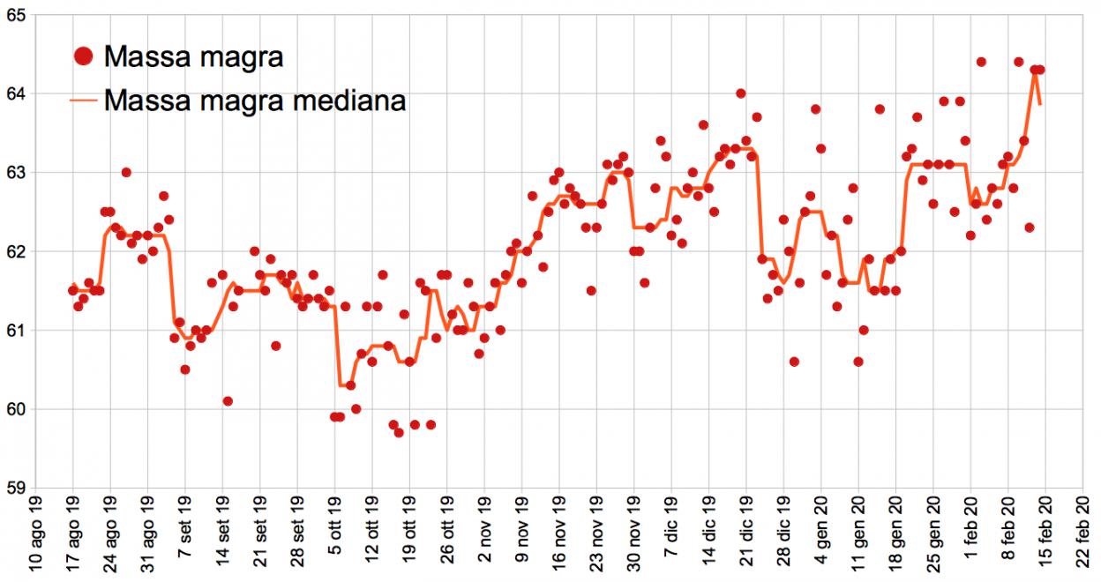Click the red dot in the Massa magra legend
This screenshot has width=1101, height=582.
(x=83, y=57)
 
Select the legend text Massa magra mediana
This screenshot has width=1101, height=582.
(x=254, y=101)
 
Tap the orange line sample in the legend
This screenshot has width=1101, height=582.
(x=83, y=101)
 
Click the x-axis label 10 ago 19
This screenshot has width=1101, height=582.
(x=36, y=533)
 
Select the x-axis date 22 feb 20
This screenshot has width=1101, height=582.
(x=1084, y=533)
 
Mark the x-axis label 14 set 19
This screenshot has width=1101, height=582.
(x=223, y=533)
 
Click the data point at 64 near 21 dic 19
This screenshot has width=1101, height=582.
(x=741, y=93)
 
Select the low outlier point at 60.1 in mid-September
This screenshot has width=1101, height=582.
(x=228, y=400)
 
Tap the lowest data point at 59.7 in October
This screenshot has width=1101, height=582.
(x=399, y=432)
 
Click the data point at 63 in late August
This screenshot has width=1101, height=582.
(x=126, y=172)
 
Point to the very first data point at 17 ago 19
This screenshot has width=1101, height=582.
(x=73, y=290)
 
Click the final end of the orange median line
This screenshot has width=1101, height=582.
(x=1041, y=104)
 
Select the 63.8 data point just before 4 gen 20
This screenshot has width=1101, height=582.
(x=816, y=109)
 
